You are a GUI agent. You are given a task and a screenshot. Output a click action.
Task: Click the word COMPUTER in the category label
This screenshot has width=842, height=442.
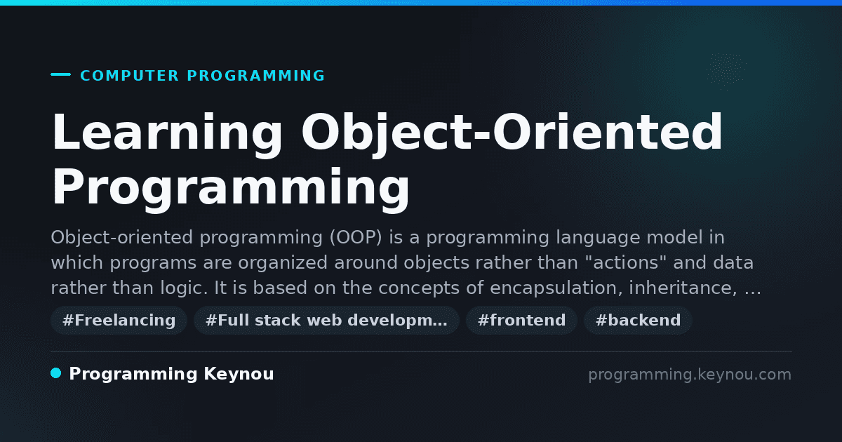[129, 76]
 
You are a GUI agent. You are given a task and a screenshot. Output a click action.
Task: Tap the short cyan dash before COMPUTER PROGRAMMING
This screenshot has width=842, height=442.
[60, 74]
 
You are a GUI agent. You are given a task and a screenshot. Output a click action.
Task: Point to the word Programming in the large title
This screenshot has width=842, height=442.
[230, 189]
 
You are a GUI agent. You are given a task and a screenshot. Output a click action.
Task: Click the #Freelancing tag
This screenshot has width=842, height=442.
[119, 320]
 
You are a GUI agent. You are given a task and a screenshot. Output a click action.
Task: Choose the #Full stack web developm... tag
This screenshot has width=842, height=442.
[326, 320]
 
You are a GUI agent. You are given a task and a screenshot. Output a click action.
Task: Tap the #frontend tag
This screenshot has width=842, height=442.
[521, 320]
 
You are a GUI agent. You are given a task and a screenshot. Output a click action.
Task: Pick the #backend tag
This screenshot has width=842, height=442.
[638, 320]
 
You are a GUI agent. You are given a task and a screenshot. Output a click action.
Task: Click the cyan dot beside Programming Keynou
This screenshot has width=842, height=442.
[56, 373]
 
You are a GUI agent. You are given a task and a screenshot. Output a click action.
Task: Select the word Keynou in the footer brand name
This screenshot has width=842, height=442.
[239, 375]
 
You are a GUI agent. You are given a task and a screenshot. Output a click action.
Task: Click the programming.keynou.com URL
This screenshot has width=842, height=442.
[690, 375]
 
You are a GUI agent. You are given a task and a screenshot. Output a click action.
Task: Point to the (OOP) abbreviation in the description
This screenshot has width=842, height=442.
[356, 238]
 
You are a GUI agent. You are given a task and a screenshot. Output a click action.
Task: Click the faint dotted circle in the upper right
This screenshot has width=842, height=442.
[726, 72]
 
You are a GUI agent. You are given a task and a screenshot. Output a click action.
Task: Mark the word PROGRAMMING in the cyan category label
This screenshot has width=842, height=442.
[255, 76]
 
